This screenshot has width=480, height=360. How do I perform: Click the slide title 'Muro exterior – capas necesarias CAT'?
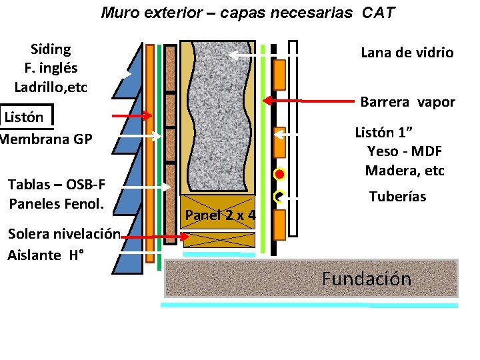click(248, 12)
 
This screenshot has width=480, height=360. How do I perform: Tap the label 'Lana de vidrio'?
click(407, 53)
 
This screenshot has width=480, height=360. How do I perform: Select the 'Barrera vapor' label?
click(407, 102)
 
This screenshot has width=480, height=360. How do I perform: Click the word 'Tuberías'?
click(397, 197)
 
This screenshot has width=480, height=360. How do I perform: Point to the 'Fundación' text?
click(366, 279)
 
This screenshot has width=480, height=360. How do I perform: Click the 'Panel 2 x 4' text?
click(220, 215)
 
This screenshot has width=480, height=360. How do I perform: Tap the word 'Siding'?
click(51, 49)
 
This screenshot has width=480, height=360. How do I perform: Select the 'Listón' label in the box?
click(24, 117)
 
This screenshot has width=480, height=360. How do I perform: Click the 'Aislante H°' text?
click(45, 255)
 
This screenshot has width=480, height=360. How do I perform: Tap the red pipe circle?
click(279, 175)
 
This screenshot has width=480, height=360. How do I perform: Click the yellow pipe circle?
click(279, 197)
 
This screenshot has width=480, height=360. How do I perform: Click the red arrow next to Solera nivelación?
click(155, 237)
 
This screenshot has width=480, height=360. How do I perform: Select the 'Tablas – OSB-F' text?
click(56, 184)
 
